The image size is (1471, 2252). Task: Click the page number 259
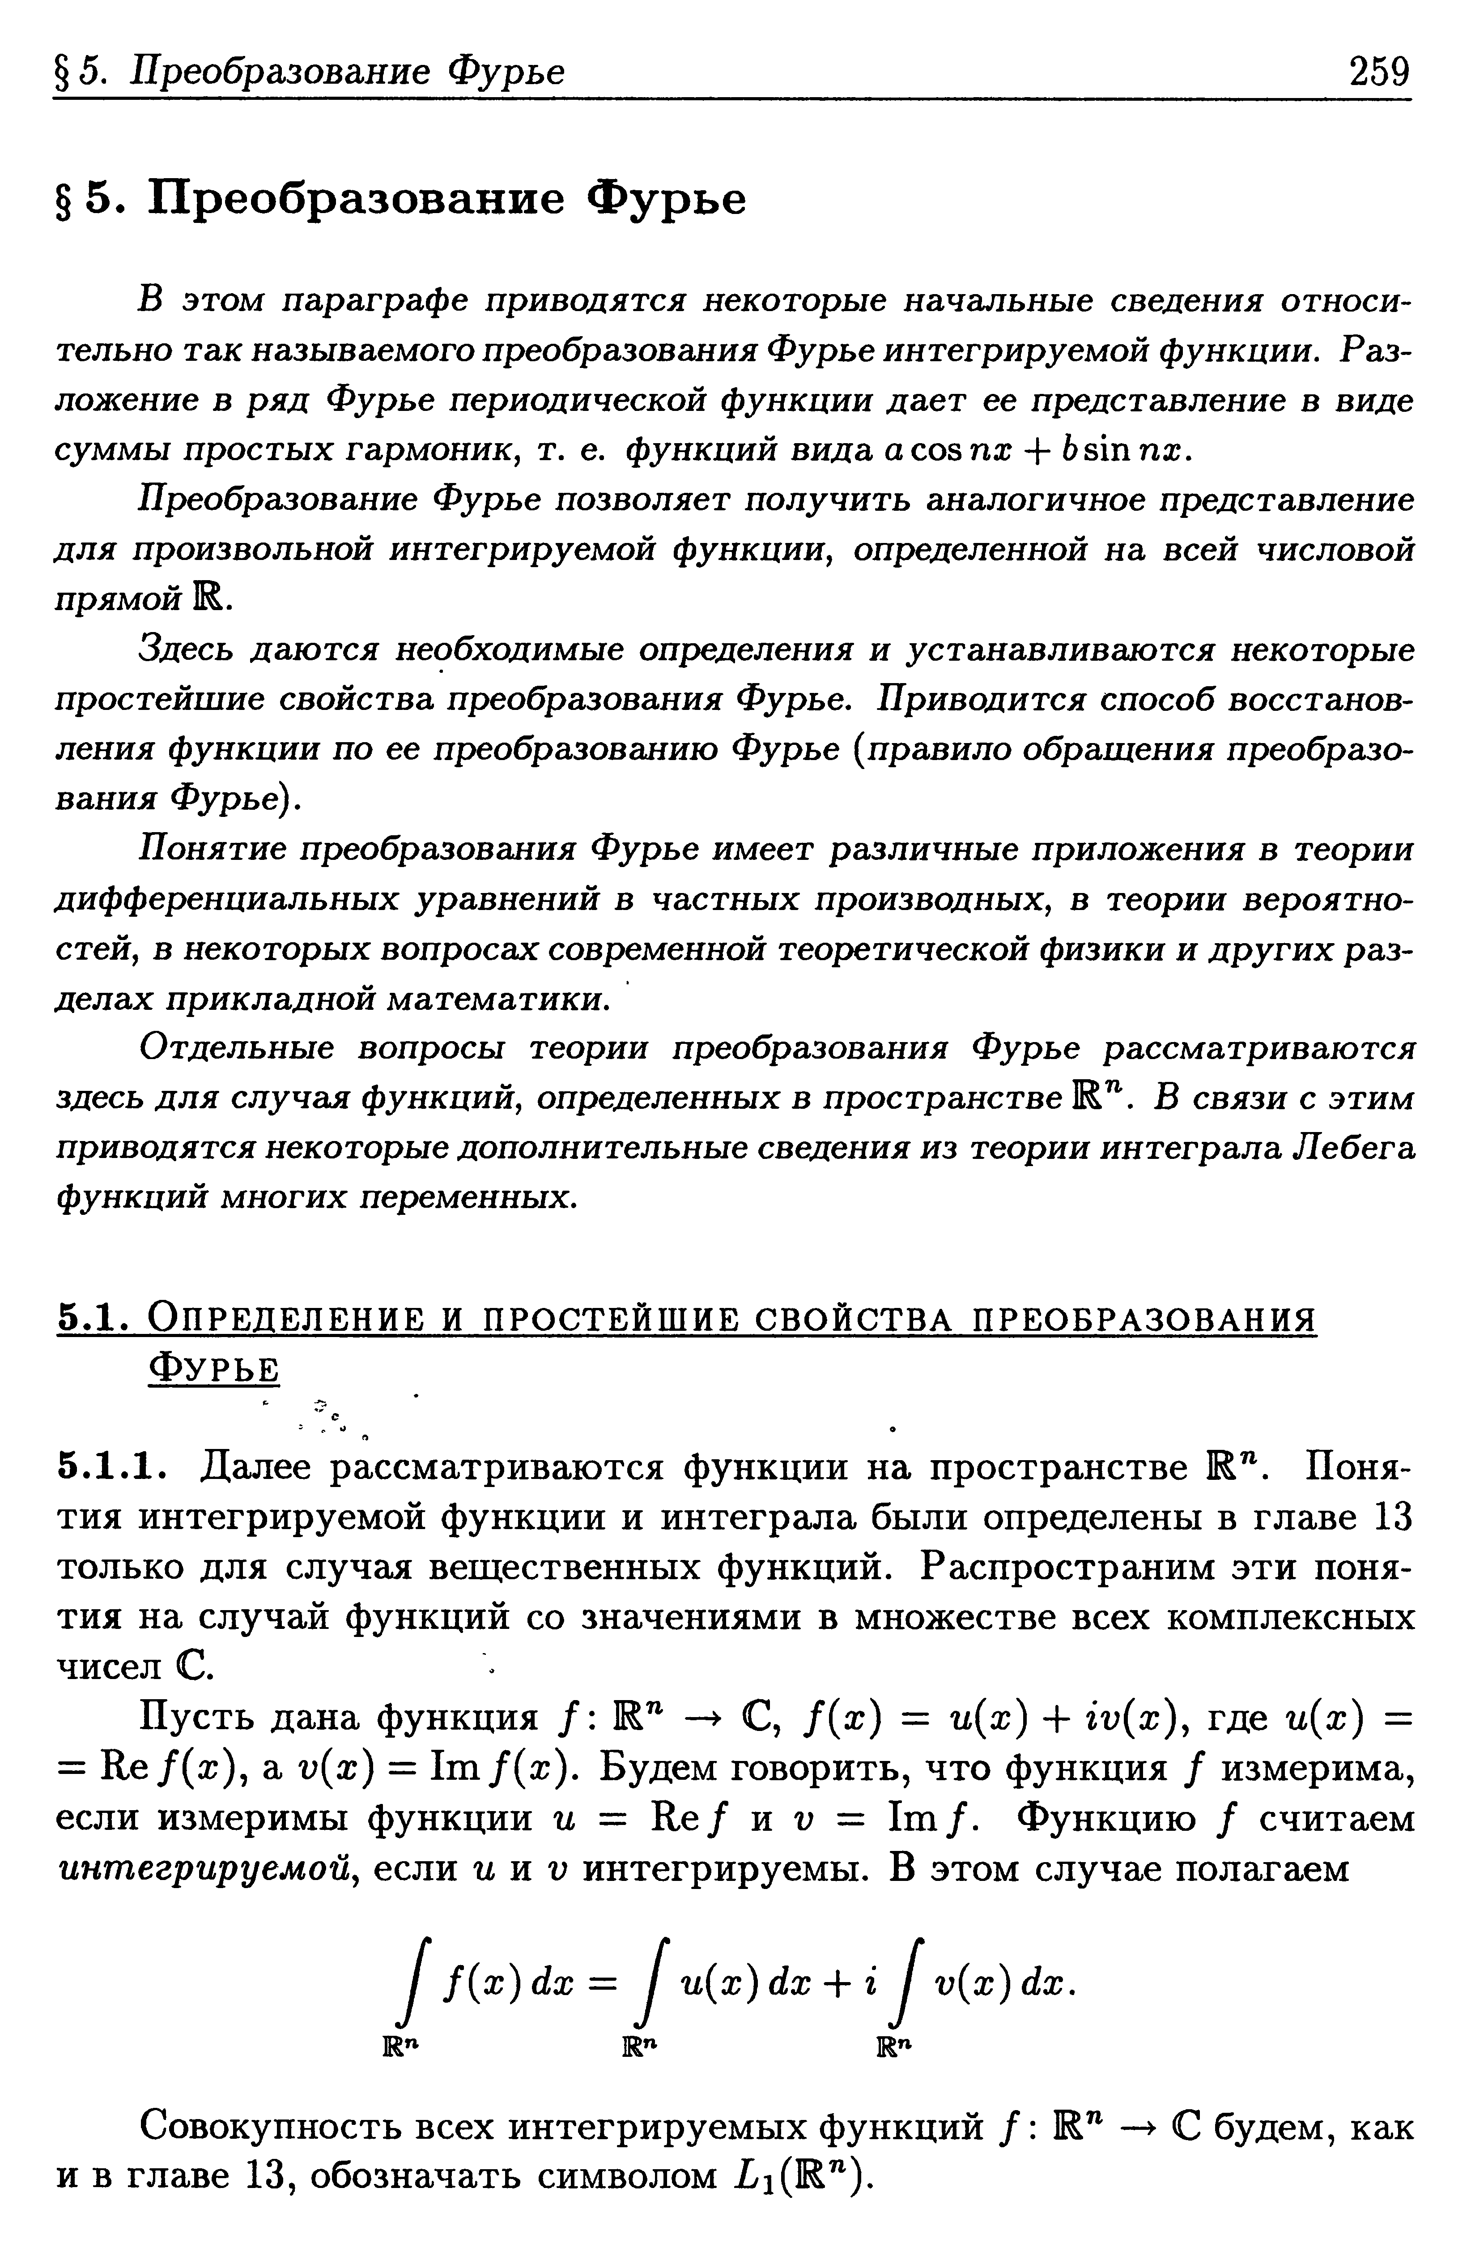pyautogui.click(x=1378, y=71)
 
